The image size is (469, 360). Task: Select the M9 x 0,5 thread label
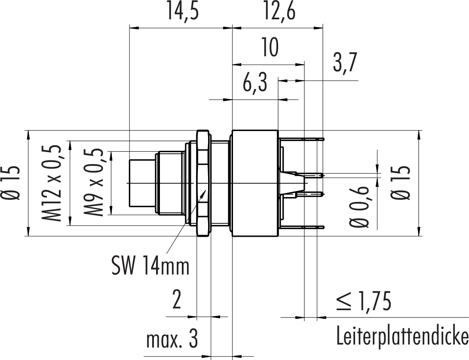point(94,183)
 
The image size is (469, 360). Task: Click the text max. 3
point(171,341)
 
